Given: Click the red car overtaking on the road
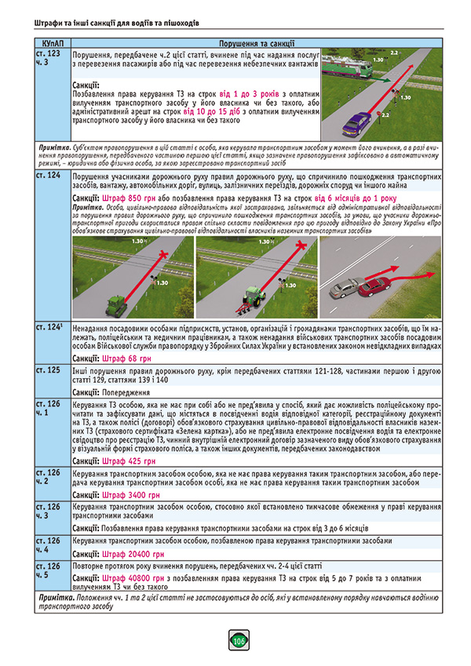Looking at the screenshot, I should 375,288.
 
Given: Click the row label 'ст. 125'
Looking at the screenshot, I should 49,369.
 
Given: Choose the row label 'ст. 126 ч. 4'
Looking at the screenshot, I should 49,545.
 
